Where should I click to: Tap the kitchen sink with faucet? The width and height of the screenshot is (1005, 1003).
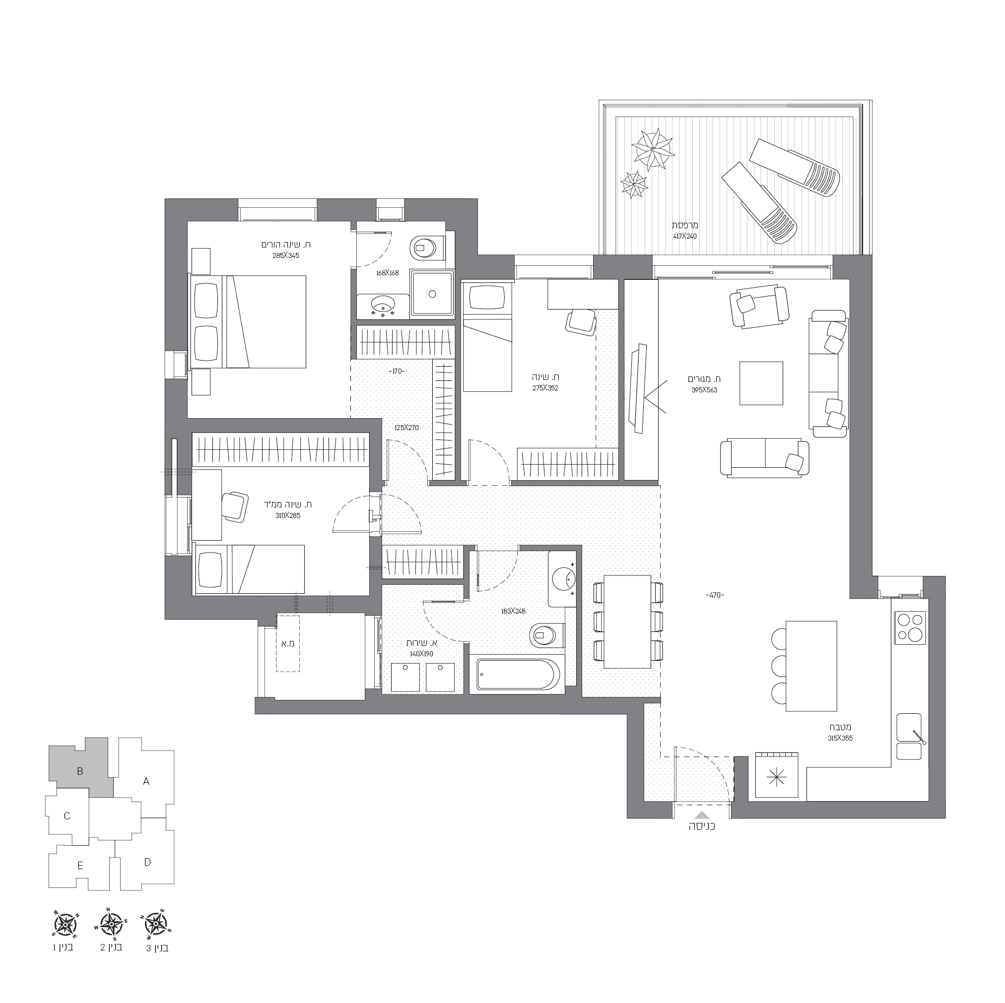click(909, 736)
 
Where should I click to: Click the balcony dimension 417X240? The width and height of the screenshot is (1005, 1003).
click(684, 236)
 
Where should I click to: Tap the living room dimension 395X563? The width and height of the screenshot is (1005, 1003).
click(704, 390)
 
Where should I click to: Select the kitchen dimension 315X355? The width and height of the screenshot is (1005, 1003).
click(841, 738)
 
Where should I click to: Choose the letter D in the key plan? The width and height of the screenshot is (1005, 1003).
click(147, 862)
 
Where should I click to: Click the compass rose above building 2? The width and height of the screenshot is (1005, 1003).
click(110, 924)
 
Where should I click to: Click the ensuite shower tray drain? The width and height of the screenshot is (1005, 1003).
click(432, 294)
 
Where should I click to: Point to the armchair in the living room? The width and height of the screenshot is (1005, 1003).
click(760, 307)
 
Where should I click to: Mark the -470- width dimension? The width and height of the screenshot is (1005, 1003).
click(715, 595)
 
